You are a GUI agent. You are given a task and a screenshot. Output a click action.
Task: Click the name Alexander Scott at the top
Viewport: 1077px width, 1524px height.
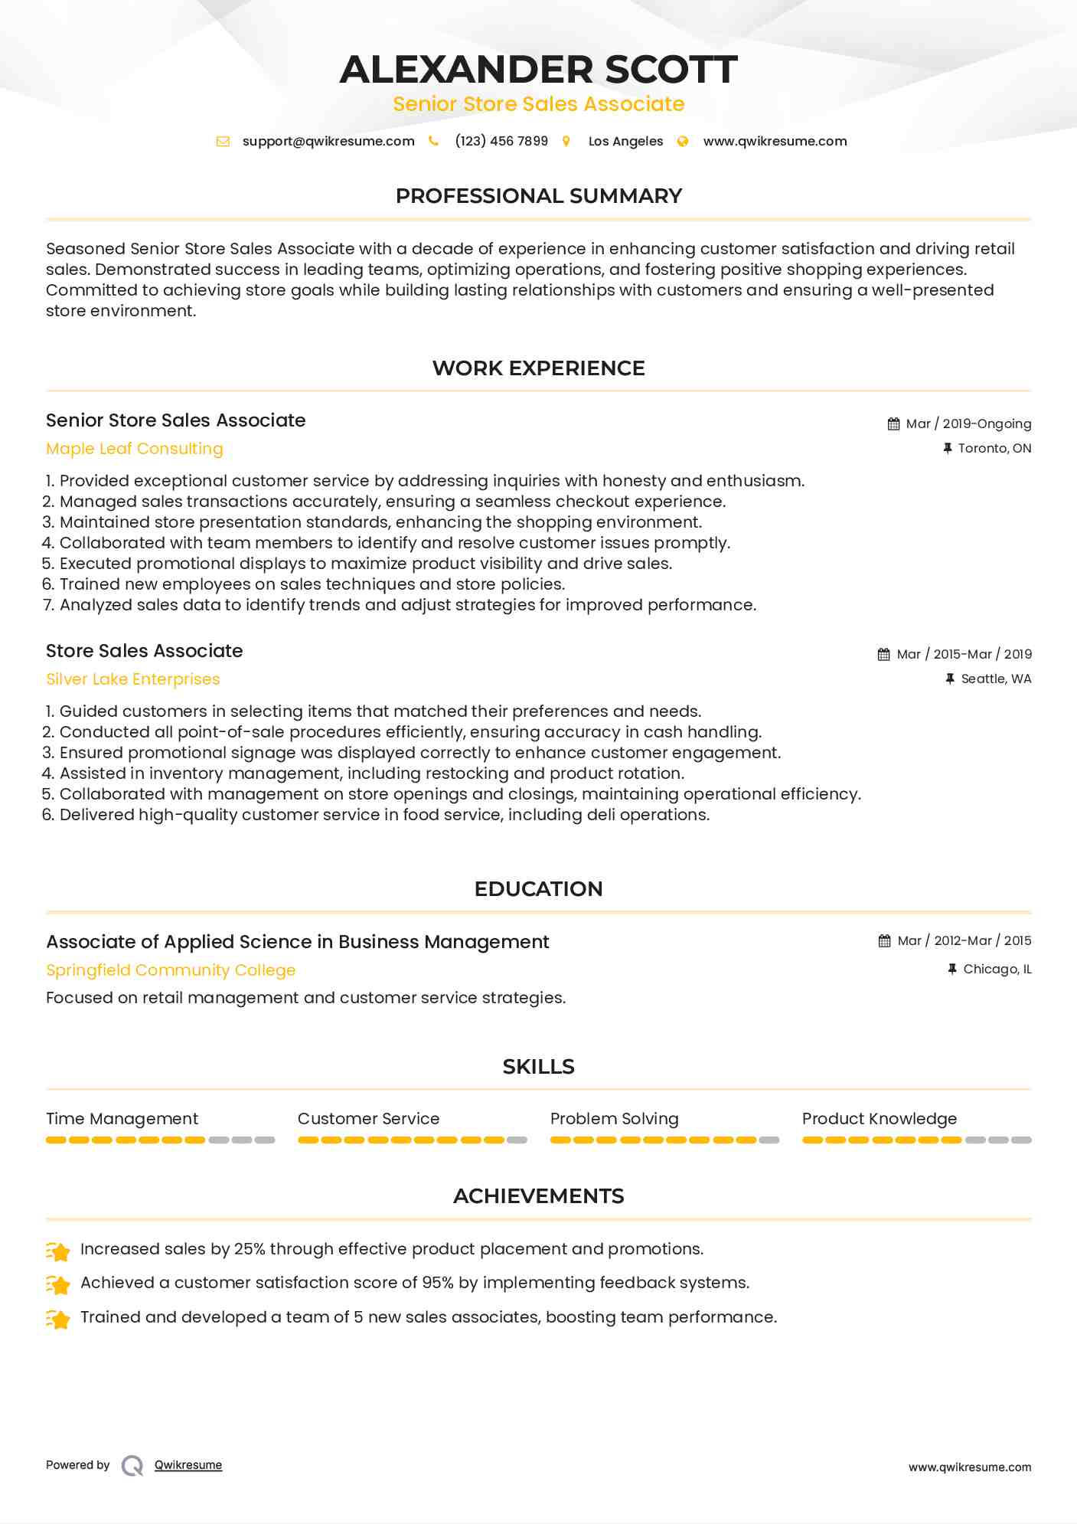point(538,69)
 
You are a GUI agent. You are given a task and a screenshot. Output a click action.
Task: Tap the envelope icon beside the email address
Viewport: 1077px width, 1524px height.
point(223,142)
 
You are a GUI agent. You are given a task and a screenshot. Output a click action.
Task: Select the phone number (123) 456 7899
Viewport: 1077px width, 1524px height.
point(501,142)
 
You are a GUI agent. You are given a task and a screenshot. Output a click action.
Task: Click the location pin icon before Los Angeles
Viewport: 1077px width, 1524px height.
point(566,142)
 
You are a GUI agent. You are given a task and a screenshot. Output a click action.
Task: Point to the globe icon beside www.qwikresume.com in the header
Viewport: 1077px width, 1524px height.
point(683,142)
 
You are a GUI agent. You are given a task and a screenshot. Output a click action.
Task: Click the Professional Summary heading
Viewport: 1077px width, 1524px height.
point(538,196)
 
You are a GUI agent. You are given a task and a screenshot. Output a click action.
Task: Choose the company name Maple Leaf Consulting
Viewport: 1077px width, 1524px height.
point(135,449)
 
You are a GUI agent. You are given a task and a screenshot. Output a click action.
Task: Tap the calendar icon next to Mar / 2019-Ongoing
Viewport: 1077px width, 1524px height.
point(893,424)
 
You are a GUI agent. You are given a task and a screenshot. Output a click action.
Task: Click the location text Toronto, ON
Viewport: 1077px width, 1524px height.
point(994,449)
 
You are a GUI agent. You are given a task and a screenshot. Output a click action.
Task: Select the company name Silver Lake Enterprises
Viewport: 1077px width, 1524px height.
point(133,679)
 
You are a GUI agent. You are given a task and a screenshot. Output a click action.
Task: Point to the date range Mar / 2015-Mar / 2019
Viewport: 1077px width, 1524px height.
point(964,655)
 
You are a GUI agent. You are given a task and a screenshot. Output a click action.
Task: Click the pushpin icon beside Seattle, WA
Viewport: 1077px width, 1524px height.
point(950,679)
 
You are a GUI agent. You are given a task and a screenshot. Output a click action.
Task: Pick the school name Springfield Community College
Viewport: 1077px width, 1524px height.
point(171,970)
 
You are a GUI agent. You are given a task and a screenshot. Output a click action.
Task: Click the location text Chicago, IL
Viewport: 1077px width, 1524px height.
point(997,970)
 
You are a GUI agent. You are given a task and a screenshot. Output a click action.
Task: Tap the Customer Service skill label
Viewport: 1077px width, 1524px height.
point(369,1119)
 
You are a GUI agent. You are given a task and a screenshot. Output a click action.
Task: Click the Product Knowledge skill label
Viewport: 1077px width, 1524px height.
point(880,1119)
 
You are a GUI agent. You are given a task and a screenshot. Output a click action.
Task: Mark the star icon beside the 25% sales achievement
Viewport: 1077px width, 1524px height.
point(59,1251)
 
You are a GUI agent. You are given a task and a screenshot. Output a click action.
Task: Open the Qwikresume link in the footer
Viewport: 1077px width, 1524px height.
point(188,1465)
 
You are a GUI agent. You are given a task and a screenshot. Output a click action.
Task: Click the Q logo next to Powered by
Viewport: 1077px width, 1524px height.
point(132,1466)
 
